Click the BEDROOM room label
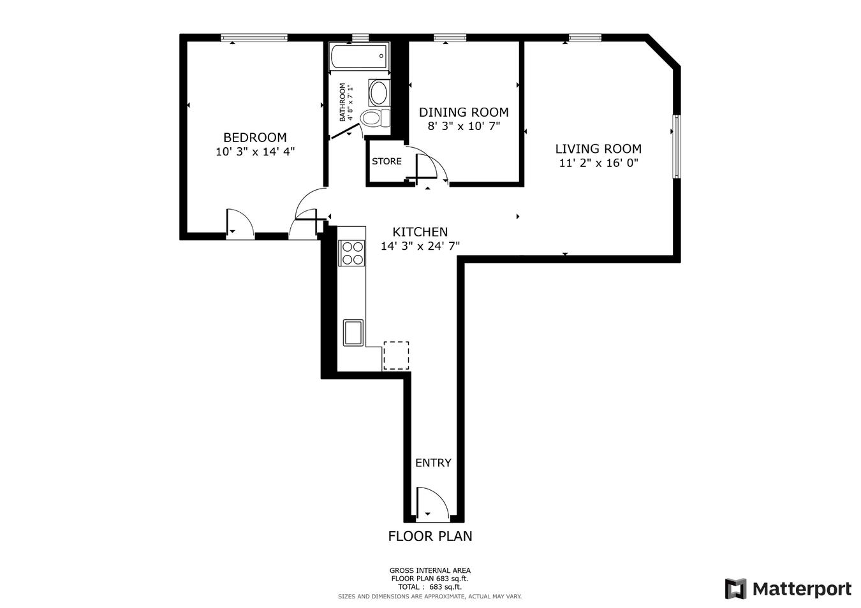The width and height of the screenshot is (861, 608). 254,137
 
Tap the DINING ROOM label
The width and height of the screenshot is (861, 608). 463,112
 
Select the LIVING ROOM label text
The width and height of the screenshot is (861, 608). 598,148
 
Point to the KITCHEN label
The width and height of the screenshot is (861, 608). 420,232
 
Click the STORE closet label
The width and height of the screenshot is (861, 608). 386,161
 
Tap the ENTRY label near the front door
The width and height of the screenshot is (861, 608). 433,463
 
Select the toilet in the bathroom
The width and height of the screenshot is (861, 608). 374,119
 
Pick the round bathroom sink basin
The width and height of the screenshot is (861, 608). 379,93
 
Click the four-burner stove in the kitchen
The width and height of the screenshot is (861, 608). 351,252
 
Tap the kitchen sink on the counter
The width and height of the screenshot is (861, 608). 353,332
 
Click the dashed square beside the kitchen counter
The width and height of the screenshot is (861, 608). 396,355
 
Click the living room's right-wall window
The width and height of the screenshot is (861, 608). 677,147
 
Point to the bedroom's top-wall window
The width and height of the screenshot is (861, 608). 254,38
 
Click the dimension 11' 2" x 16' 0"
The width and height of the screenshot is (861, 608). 598,163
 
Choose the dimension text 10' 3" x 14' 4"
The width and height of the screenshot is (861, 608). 254,152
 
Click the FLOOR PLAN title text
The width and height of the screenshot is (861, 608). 430,536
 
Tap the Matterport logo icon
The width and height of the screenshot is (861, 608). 735,588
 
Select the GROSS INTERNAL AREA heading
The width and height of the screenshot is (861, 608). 430,570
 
